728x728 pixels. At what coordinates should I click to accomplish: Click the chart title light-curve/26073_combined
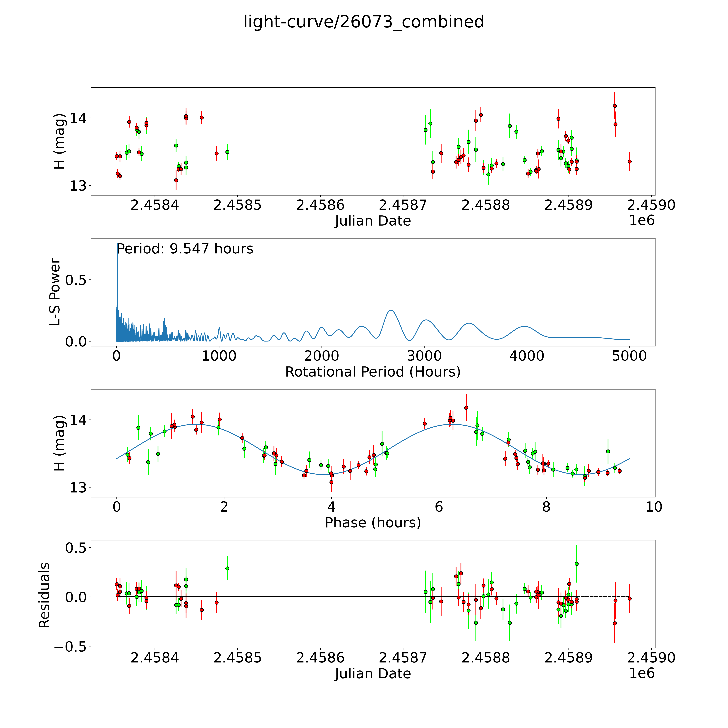(364, 22)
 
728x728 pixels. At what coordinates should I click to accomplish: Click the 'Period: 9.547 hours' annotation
(185, 249)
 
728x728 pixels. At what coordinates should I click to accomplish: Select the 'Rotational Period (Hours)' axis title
(373, 372)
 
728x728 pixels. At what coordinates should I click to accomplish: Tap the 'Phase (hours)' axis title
(373, 523)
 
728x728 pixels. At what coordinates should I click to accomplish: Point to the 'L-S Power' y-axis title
(55, 292)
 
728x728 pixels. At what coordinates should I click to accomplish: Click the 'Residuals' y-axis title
(44, 595)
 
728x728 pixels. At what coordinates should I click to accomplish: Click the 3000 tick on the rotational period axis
(424, 356)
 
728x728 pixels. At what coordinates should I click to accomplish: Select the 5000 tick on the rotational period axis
(629, 356)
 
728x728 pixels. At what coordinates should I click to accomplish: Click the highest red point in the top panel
(615, 106)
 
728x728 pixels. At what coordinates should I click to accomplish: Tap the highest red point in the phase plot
(466, 408)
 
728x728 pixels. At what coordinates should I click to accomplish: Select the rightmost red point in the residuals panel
(629, 598)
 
